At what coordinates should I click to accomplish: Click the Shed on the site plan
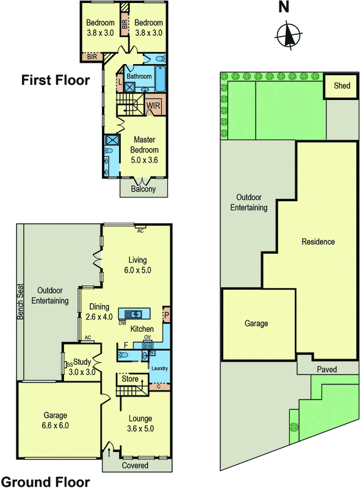click(x=342, y=86)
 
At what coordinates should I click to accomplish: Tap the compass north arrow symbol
click(x=289, y=34)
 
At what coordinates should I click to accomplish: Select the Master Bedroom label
click(x=144, y=149)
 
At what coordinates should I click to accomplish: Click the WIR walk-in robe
click(x=153, y=106)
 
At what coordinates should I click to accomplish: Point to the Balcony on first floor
click(x=143, y=188)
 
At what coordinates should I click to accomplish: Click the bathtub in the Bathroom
click(x=160, y=79)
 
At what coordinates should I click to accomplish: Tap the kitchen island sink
click(x=134, y=314)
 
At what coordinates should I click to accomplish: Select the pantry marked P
click(x=167, y=315)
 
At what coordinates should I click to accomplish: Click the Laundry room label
click(x=159, y=368)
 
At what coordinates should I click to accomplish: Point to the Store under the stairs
click(x=130, y=379)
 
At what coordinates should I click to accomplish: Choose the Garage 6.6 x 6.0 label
click(x=56, y=420)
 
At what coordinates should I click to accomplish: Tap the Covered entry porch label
click(x=135, y=465)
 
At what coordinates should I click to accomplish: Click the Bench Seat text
click(x=20, y=301)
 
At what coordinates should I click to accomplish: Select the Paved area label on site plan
click(x=326, y=370)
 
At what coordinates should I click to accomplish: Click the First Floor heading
click(x=56, y=80)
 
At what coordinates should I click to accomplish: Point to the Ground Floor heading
click(x=46, y=482)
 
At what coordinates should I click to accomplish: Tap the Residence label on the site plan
click(x=318, y=242)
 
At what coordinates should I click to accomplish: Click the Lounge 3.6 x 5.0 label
click(x=140, y=423)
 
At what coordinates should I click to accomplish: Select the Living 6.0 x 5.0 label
click(x=138, y=265)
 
